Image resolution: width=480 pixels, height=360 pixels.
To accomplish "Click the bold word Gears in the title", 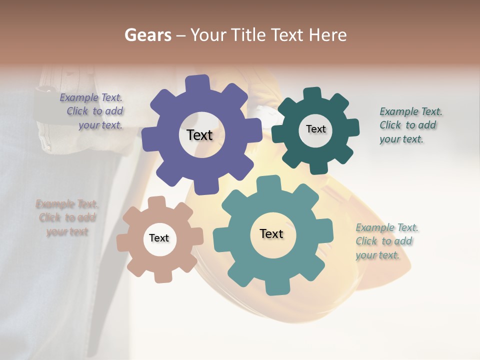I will click(147, 35).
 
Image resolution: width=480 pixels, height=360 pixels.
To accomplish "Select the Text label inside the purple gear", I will click(199, 135).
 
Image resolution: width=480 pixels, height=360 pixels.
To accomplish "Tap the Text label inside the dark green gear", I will click(315, 129).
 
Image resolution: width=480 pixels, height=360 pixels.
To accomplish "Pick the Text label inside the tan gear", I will click(159, 238).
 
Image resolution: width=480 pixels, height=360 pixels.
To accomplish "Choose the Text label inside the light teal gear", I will click(271, 233).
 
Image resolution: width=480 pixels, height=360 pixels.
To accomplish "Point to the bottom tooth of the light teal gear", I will click(277, 287).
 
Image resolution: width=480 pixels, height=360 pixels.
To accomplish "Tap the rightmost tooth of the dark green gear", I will click(352, 127).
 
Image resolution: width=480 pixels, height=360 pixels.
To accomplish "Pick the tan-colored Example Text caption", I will click(67, 217).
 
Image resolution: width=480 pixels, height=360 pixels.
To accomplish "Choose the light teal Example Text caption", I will click(386, 241).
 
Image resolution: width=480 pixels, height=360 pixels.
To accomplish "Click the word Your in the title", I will click(209, 35).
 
